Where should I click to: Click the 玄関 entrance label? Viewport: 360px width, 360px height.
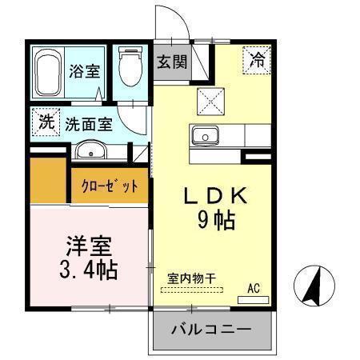click(x=170, y=62)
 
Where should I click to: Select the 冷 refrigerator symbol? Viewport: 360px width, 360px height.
click(x=258, y=58)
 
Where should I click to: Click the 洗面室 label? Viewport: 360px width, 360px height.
click(x=88, y=124)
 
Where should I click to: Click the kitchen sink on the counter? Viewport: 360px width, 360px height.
click(x=206, y=136)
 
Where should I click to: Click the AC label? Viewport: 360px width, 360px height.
click(x=254, y=288)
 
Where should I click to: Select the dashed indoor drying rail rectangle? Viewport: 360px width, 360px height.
click(x=194, y=290)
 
